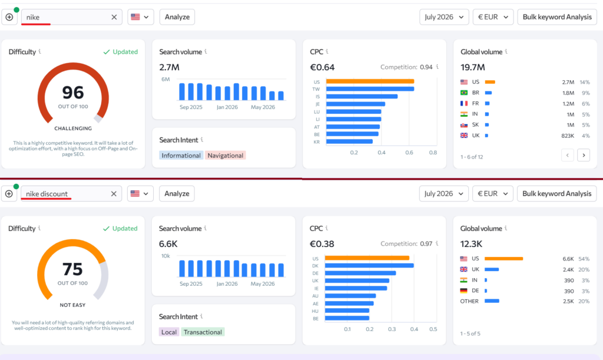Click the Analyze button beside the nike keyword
click(177, 17)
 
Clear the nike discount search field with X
click(114, 194)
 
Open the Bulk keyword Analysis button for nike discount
click(556, 193)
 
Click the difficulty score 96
click(73, 93)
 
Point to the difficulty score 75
click(72, 269)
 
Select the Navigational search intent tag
click(226, 156)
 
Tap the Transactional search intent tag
click(203, 332)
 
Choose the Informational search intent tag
click(181, 156)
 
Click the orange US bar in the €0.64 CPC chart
click(370, 81)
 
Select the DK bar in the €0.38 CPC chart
click(369, 265)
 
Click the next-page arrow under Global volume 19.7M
click(584, 155)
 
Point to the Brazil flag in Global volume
click(464, 93)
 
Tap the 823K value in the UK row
click(568, 136)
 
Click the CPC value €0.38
click(322, 244)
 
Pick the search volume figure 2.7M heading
click(169, 67)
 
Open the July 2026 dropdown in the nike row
click(444, 17)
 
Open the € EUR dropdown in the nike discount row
click(493, 193)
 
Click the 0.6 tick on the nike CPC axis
click(409, 153)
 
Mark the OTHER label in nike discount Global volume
click(469, 301)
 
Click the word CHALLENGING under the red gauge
click(73, 128)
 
